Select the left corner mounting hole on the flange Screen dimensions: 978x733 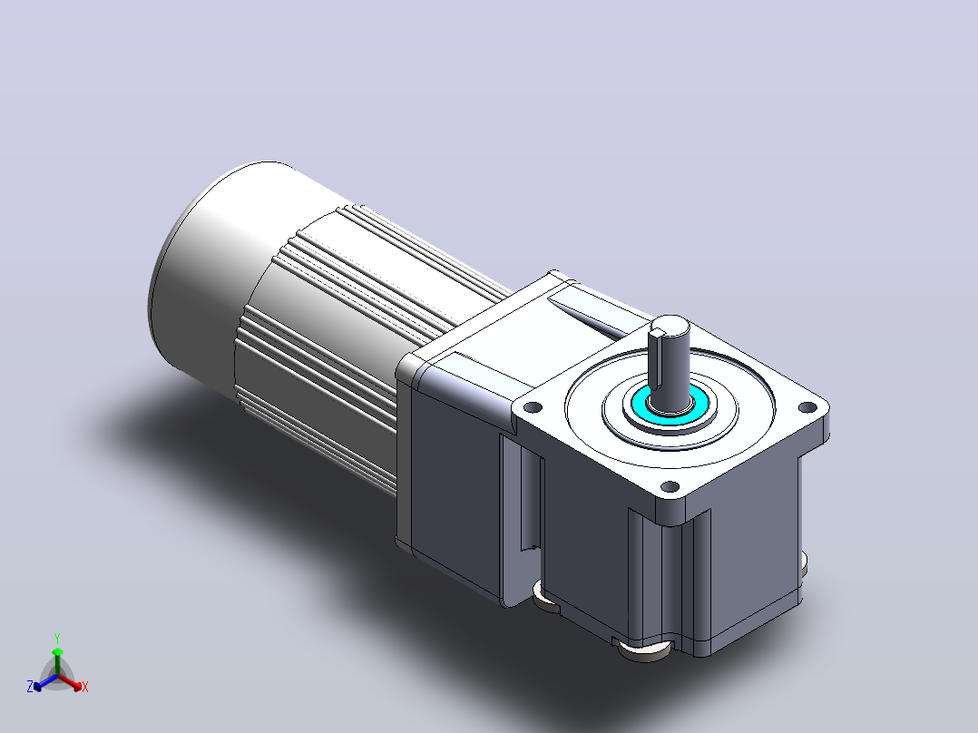532,408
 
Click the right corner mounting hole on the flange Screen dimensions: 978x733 807,407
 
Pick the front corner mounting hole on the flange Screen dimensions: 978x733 670,486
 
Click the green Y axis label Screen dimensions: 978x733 57,638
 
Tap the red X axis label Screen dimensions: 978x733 85,687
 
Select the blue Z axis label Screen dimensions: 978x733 29,686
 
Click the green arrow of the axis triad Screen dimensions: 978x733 57,660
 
